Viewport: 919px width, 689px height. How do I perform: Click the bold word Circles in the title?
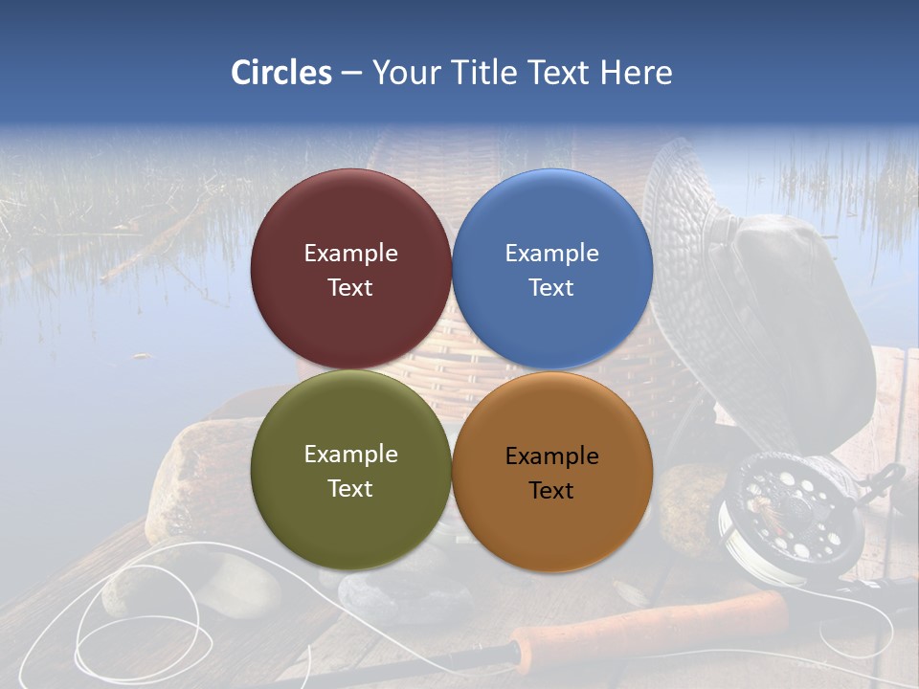(281, 73)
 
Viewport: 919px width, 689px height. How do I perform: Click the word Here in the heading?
(636, 73)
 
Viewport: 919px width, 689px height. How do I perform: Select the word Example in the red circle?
(350, 254)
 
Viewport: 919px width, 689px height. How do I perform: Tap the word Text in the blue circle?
(551, 288)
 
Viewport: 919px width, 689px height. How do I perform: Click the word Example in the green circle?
(350, 455)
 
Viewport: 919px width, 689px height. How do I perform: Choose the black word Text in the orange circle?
(551, 491)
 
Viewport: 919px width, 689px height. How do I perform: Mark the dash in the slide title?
(351, 73)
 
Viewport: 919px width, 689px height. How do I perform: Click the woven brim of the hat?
(689, 220)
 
